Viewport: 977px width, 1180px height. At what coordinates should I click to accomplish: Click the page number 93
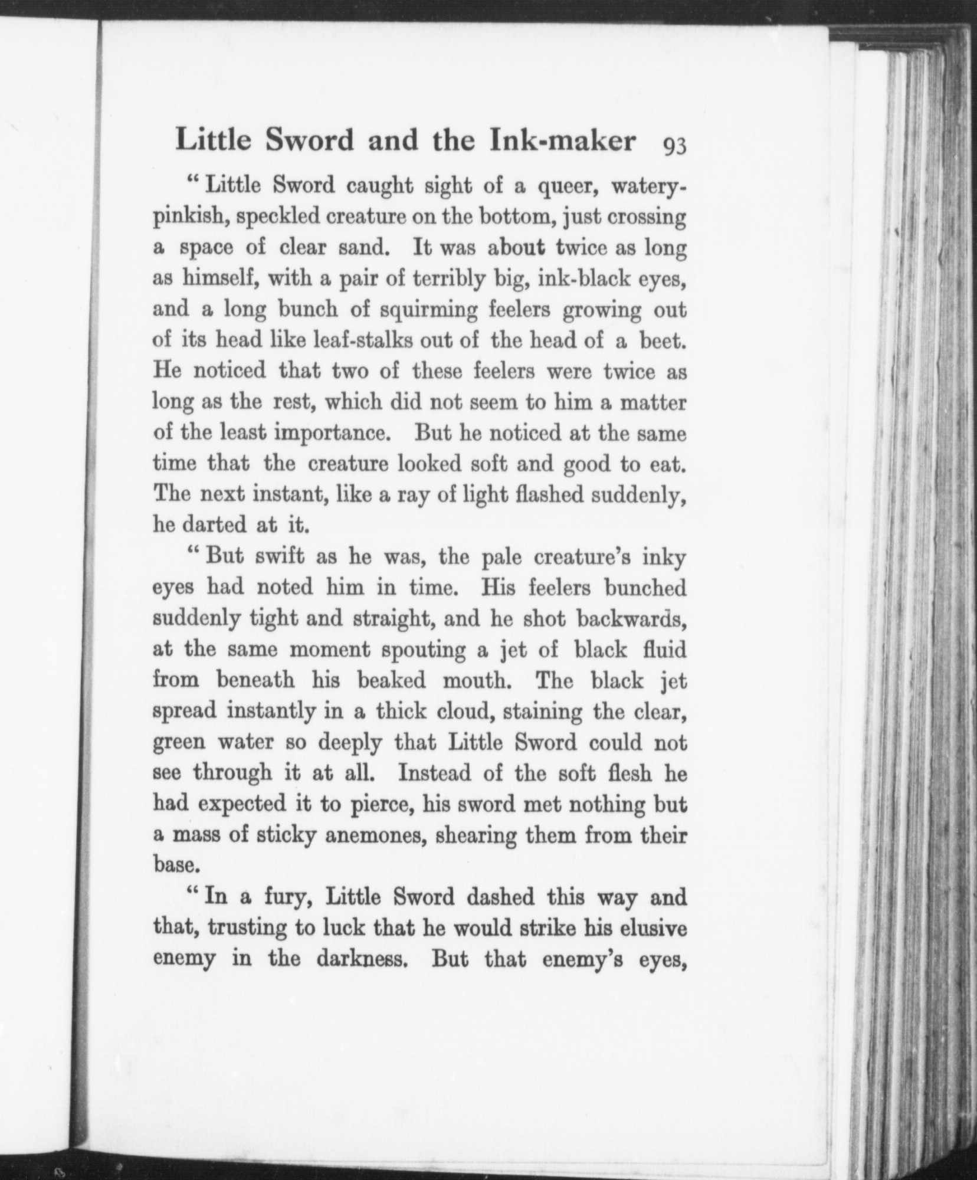coord(674,145)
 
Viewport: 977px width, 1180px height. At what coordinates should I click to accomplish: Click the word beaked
coord(391,680)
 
